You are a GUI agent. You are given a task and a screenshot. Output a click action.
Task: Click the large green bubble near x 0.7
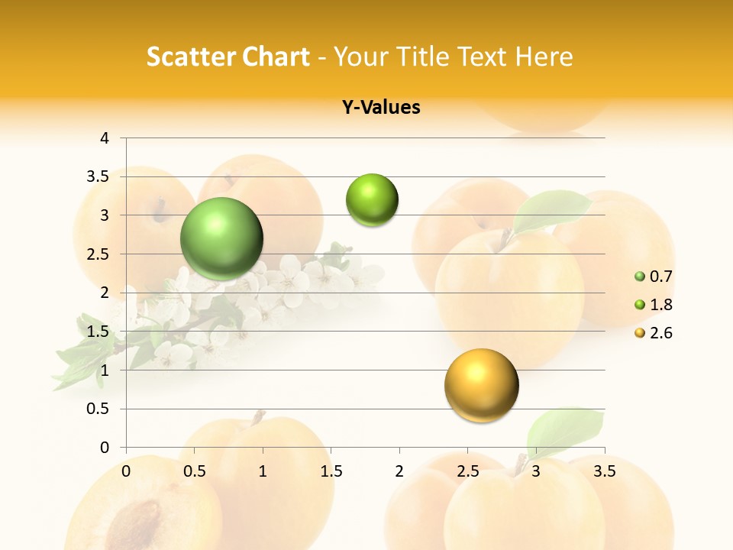tap(222, 238)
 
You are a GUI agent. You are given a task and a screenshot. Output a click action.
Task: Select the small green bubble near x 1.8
tap(372, 200)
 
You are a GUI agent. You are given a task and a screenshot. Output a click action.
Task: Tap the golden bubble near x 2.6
tap(481, 385)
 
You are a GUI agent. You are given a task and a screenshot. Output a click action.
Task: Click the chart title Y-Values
tap(381, 108)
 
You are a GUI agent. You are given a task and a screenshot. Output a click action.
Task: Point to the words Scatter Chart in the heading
tap(228, 57)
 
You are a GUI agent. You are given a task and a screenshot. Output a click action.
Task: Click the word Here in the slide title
tap(544, 57)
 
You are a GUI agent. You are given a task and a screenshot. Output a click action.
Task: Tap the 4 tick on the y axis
tap(105, 138)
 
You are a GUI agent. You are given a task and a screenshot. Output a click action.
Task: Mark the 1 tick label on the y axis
tap(105, 370)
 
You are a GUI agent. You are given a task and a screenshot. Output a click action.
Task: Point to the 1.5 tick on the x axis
tap(331, 471)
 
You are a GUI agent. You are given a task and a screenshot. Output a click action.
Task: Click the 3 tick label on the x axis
tap(536, 471)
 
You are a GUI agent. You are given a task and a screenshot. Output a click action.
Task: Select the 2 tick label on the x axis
tap(399, 471)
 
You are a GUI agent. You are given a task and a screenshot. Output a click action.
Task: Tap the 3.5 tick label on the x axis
tap(604, 471)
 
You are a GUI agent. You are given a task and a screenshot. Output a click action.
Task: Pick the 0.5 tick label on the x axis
tap(194, 471)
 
